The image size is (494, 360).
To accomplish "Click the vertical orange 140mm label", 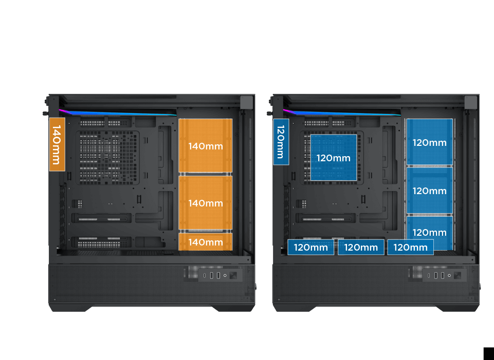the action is click(57, 144).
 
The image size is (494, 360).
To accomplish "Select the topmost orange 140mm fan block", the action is click(206, 145).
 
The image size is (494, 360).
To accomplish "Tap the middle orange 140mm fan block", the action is click(206, 203).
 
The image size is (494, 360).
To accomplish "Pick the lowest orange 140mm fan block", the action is click(206, 242).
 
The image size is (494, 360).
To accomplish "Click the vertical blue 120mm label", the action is click(281, 142).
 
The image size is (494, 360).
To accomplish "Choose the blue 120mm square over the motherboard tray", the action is click(334, 157).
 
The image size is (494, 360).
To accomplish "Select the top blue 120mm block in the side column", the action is click(429, 142).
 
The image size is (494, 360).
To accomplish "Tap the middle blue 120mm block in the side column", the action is click(429, 191).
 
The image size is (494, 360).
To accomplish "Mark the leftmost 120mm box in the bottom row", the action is click(310, 247).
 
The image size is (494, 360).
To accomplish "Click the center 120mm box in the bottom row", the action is click(361, 247).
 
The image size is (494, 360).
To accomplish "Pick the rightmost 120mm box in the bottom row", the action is click(411, 247).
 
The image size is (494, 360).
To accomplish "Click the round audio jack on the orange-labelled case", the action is click(225, 275).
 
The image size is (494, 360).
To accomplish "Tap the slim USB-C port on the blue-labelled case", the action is click(429, 276).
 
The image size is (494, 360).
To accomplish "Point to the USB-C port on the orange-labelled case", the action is click(205, 276).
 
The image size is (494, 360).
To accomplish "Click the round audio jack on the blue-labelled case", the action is click(449, 275).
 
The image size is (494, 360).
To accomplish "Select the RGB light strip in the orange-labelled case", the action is click(118, 112).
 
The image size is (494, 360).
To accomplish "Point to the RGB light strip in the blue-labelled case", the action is click(342, 112).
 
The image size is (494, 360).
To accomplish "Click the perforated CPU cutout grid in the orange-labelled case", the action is click(107, 158).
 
